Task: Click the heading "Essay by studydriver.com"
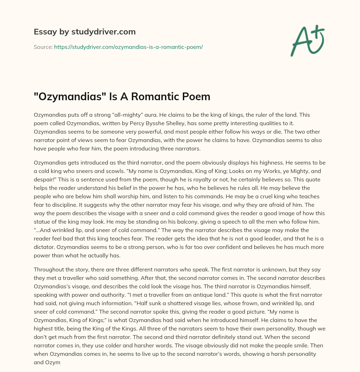coord(85,32)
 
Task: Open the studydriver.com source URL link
coord(128,47)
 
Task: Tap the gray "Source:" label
coord(43,47)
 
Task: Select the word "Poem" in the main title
coord(196,96)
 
